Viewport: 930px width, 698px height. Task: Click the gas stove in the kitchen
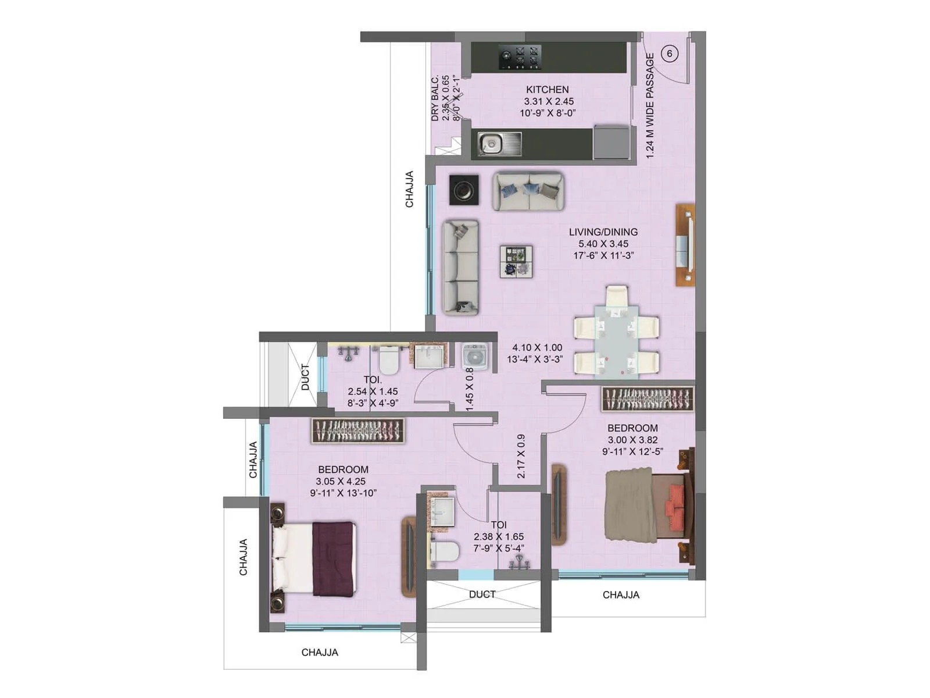tap(520, 58)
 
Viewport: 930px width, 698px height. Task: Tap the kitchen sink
tap(492, 143)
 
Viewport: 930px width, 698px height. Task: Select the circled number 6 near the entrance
tap(670, 54)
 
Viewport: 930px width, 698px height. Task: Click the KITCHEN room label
tap(547, 90)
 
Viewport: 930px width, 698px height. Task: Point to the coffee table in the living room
tap(516, 262)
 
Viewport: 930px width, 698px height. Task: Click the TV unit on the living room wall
tap(685, 244)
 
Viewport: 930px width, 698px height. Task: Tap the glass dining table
tap(616, 337)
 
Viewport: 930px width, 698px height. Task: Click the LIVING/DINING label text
tap(603, 232)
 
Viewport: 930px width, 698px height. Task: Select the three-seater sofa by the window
tap(460, 268)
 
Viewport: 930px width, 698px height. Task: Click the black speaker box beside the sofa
tap(464, 190)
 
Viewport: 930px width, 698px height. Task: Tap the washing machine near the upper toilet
tap(475, 355)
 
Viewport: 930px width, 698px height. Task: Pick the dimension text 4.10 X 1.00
tap(537, 348)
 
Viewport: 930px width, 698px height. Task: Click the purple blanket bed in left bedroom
tap(332, 559)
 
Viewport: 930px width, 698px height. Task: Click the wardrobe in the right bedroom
tap(648, 399)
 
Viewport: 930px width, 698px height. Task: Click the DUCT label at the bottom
tap(482, 594)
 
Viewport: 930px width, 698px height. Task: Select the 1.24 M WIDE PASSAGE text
tap(650, 106)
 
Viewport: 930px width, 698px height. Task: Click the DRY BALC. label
tap(435, 99)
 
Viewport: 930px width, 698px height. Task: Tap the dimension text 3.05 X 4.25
tap(341, 482)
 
